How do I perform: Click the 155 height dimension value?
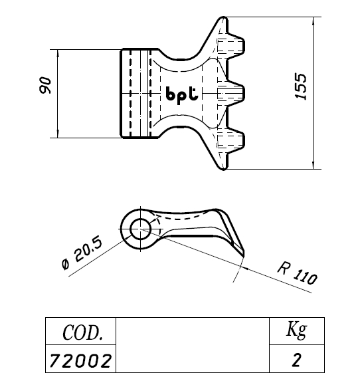(x=301, y=86)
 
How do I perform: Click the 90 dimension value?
(x=46, y=85)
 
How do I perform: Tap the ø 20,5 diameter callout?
(x=82, y=253)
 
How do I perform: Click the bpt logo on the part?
(x=182, y=95)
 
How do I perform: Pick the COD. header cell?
(x=80, y=331)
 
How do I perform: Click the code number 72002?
(x=80, y=360)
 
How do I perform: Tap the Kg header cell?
(x=297, y=331)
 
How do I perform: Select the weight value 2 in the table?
(x=297, y=360)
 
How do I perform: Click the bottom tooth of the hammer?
(x=235, y=142)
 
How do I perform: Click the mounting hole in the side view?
(x=140, y=229)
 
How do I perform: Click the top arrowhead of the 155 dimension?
(x=313, y=21)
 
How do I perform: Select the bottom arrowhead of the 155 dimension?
(x=313, y=165)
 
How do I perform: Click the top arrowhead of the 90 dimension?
(x=58, y=53)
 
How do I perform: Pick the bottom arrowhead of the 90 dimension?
(x=58, y=134)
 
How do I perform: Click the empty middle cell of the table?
(x=193, y=345)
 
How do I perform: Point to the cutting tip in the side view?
(x=243, y=255)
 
